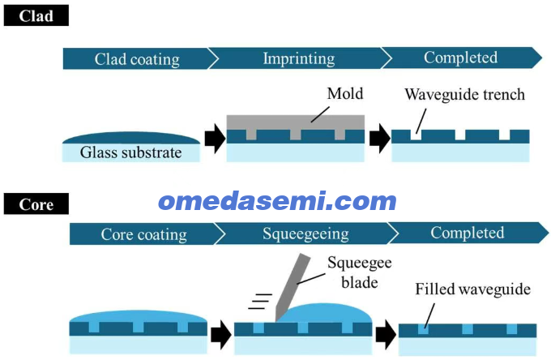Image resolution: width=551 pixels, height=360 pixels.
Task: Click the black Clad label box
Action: point(36,15)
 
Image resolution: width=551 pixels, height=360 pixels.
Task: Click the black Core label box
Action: point(36,204)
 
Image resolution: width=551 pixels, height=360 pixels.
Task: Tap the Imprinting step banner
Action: point(299,58)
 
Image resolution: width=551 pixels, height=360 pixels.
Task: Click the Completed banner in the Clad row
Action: point(461,58)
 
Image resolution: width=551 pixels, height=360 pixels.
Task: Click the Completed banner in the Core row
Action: point(468,233)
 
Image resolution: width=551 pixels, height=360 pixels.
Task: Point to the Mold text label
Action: point(344,93)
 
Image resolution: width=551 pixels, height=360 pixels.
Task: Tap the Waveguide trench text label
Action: point(464,95)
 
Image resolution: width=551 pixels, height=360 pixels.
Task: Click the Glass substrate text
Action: point(130,152)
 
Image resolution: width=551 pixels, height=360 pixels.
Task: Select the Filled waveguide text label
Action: point(472,289)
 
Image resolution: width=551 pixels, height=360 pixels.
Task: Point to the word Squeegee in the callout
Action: point(360,263)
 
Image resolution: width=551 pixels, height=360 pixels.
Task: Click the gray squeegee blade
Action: point(293,287)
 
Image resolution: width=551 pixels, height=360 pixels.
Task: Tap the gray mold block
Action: point(295,125)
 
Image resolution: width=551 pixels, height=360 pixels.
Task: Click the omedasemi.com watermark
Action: point(278,201)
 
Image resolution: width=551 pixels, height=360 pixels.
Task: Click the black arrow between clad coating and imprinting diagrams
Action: point(215,139)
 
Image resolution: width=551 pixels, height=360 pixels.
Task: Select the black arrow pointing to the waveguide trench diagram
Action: point(380,139)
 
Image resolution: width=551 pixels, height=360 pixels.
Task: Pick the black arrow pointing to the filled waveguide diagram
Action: point(387,335)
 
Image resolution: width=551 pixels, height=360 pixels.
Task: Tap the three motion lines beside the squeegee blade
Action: point(260,302)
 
